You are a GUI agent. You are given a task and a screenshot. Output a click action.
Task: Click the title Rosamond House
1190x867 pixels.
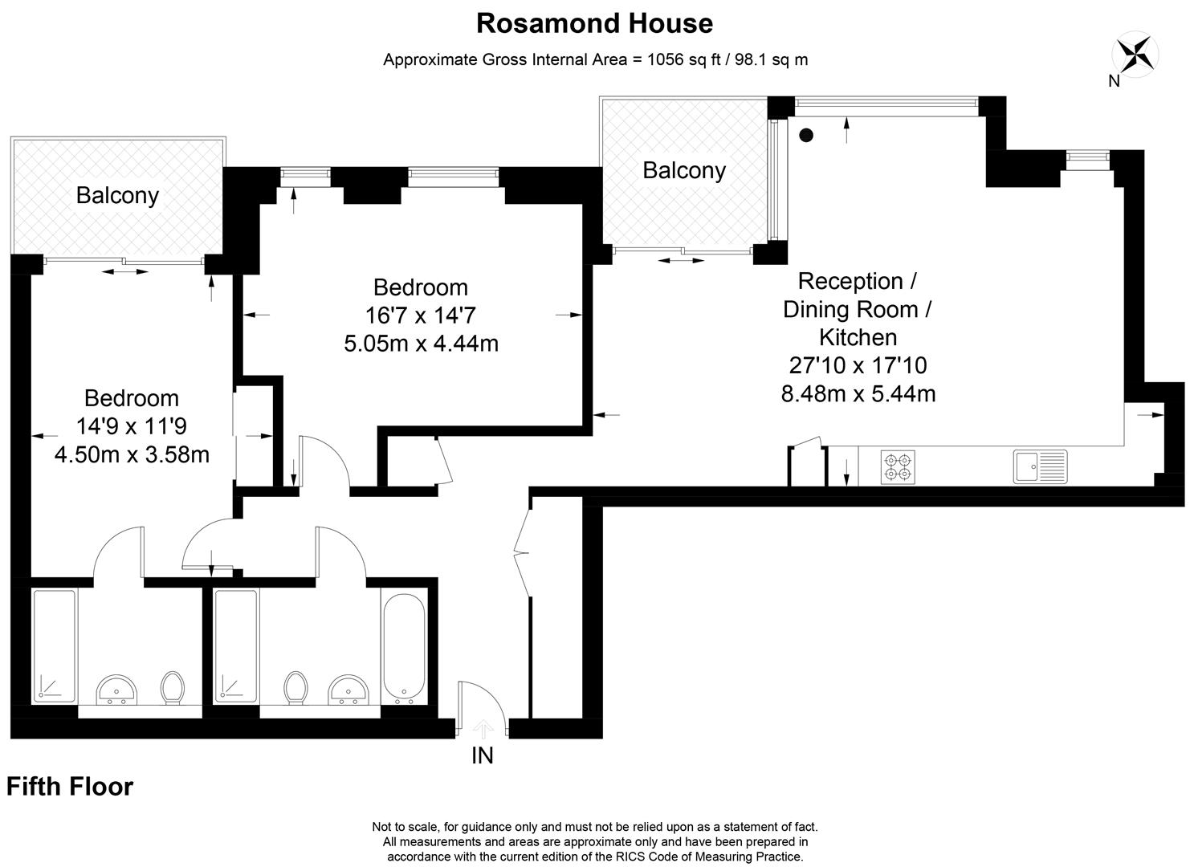tap(594, 23)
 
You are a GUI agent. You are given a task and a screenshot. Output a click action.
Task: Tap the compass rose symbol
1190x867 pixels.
tap(1135, 55)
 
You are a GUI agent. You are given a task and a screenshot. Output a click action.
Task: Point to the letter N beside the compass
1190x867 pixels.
tap(1114, 80)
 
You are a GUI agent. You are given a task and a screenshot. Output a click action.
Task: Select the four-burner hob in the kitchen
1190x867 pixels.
tap(898, 467)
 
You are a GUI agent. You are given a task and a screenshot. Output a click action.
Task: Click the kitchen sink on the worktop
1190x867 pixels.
tap(1040, 466)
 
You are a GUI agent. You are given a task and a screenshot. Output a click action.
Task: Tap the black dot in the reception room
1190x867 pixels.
tap(806, 136)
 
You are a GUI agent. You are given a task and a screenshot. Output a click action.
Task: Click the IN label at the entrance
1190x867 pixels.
tap(482, 755)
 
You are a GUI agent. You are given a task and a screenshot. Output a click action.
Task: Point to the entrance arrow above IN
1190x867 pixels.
tap(482, 728)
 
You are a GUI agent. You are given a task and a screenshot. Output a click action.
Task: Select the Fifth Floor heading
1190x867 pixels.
tap(70, 787)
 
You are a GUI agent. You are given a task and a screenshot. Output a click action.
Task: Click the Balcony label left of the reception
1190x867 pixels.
tap(684, 170)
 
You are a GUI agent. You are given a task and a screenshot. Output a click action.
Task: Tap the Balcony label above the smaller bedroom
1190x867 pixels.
tap(117, 195)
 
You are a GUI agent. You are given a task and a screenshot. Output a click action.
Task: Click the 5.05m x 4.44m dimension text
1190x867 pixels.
tap(421, 344)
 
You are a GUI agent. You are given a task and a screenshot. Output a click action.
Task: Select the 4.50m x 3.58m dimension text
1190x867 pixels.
tap(132, 454)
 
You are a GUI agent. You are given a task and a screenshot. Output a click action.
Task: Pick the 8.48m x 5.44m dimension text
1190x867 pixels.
tap(858, 393)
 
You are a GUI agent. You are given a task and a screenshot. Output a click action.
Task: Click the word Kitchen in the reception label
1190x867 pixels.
tap(858, 337)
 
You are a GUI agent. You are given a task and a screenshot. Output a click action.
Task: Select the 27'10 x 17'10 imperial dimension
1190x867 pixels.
tap(858, 365)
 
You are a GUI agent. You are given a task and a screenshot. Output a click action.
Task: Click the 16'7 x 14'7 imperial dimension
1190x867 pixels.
tap(421, 315)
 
